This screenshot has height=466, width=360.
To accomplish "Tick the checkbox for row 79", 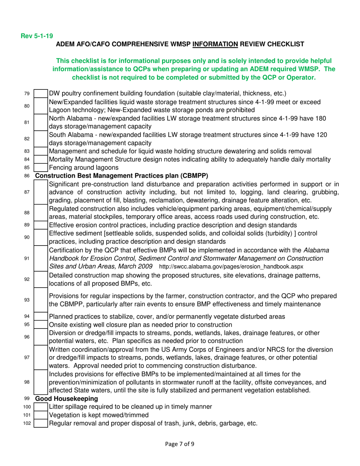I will pos(41,93).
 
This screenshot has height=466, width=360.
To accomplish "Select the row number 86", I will pos(27,176).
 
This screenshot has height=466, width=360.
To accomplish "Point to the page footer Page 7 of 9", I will pos(180,443).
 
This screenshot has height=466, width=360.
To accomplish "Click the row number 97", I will pos(27,357).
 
